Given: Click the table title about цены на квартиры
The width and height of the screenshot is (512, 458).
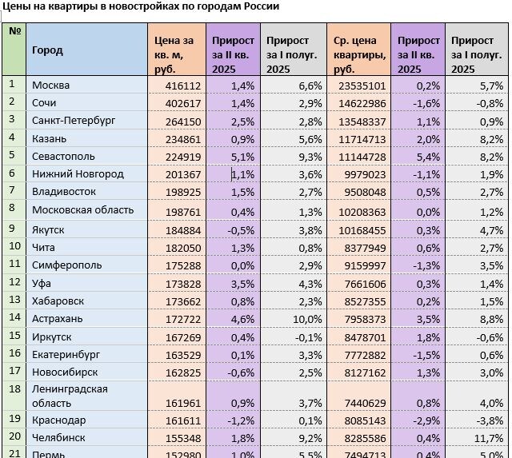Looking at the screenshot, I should click(141, 7).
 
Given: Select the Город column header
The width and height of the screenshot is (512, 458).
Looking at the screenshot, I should click(47, 50).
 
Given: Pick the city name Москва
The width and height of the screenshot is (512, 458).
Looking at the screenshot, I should click(51, 86).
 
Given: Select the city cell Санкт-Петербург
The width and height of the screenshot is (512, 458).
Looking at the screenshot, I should click(74, 121).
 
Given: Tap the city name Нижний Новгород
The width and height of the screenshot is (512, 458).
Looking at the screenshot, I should click(78, 173).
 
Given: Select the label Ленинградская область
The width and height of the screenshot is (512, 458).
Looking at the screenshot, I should click(70, 396).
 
